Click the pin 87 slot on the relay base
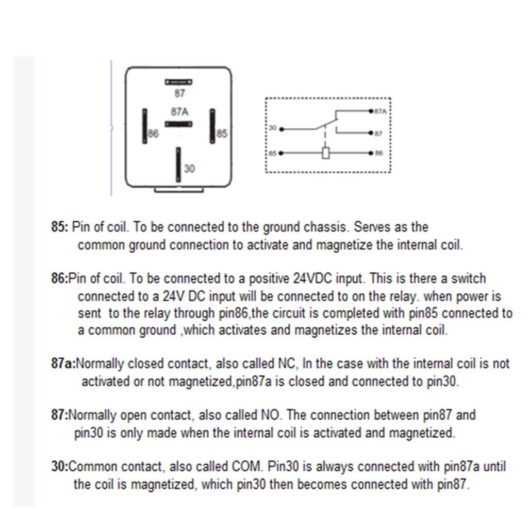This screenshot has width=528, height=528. click(x=178, y=81)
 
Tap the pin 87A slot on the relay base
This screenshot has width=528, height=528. click(x=178, y=124)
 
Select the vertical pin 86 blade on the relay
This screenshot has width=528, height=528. click(x=145, y=126)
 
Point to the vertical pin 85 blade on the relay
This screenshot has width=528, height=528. click(x=212, y=126)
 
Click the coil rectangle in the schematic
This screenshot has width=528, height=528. click(x=325, y=153)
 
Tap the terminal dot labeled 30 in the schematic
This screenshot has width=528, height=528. click(x=281, y=129)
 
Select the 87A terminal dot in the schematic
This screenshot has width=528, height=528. click(x=371, y=111)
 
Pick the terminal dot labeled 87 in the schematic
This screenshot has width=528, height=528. click(x=371, y=133)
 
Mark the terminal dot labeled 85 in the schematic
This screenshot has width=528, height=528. click(x=281, y=153)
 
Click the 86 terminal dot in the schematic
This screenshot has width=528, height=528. click(x=371, y=153)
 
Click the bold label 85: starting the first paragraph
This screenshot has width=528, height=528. click(x=60, y=227)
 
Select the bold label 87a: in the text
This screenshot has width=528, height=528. click(x=63, y=364)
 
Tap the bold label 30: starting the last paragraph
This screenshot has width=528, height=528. click(x=59, y=467)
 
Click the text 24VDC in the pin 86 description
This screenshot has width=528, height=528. click(x=313, y=279)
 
